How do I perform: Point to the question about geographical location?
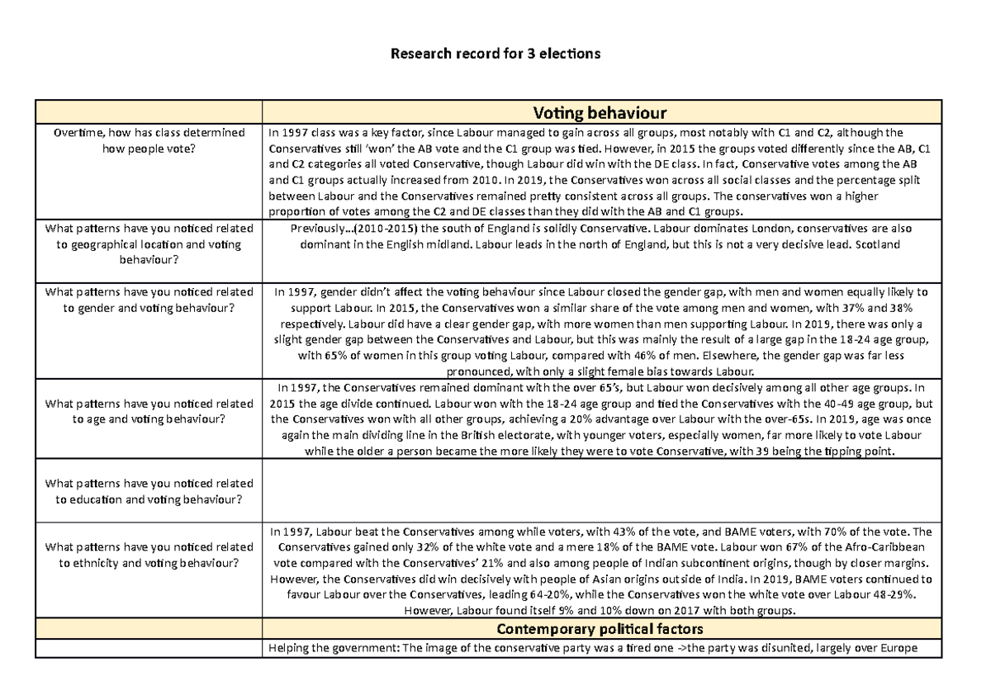pos(149,244)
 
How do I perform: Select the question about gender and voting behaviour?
pos(149,300)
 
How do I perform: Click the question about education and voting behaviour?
pos(149,491)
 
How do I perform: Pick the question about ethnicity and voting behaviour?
pos(149,555)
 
